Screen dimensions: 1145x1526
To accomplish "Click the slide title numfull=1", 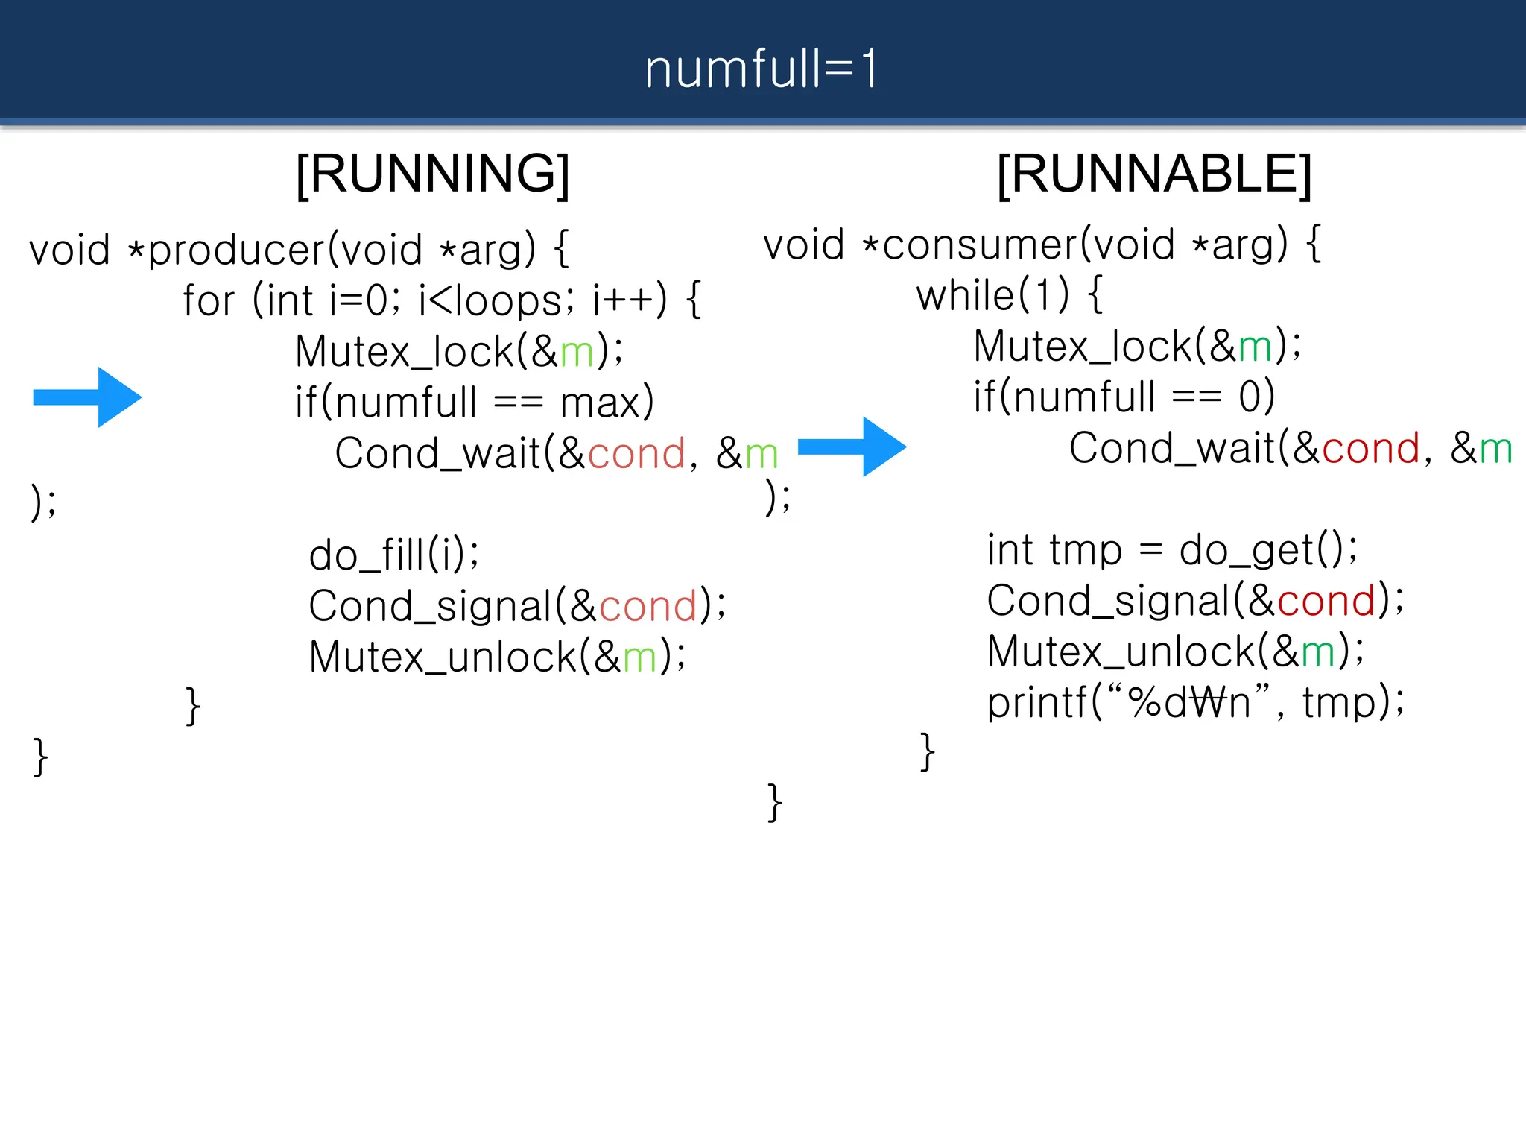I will [x=762, y=69].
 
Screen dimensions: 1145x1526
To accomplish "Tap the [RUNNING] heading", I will [x=433, y=174].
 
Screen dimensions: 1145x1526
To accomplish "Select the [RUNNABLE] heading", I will [x=1154, y=174].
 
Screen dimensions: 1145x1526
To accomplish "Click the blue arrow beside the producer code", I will [x=88, y=397].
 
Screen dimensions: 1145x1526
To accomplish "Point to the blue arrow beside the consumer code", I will [x=852, y=447].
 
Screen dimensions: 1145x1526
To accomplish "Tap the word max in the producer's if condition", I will [x=601, y=403].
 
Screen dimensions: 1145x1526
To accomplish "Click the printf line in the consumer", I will [x=1195, y=702].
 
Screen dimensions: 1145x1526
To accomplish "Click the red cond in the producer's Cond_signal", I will [x=648, y=605].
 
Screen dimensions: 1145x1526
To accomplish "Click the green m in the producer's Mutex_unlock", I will [x=639, y=657].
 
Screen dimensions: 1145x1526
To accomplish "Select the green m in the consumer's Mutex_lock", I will [x=1255, y=347].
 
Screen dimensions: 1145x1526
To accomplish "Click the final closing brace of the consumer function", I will [x=775, y=802].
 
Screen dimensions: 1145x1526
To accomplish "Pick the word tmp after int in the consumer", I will [x=1086, y=551].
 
